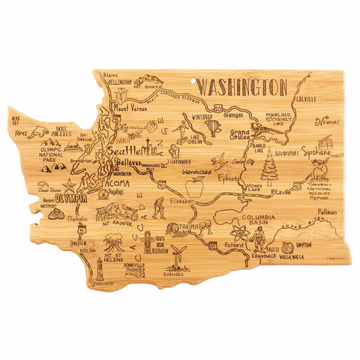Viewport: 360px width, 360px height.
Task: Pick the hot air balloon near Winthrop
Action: [213, 127]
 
